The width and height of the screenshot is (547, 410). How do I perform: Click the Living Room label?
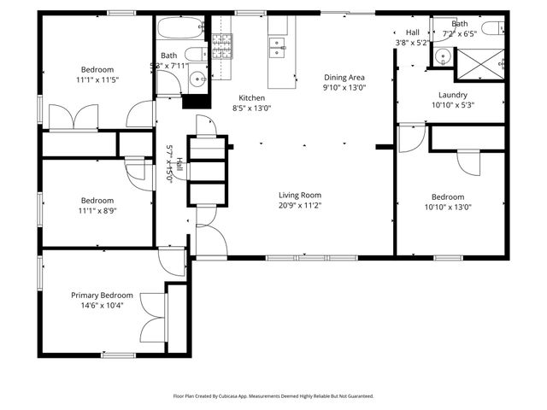coord(299,195)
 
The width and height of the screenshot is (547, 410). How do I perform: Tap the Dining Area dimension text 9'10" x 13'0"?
coord(344,87)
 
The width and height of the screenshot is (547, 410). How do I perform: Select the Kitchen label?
coord(251,97)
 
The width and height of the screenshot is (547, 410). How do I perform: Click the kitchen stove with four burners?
coord(221,45)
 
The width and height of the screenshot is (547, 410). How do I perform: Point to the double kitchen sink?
coord(279,49)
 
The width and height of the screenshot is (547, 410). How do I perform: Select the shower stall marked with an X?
coord(480,62)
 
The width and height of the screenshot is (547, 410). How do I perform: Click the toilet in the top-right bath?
coord(494,28)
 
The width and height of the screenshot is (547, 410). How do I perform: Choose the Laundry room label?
coord(453,95)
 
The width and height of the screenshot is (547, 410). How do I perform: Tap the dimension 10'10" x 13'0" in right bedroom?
coord(447,207)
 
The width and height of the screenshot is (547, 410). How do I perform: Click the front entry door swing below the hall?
coord(210,241)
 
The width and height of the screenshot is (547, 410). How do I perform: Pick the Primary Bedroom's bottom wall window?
coord(119,354)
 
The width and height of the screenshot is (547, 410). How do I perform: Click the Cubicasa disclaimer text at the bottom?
coord(273,396)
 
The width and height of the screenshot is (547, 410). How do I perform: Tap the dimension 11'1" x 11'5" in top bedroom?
coord(97,79)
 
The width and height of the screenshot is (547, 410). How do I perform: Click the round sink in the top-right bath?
coord(442,58)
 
